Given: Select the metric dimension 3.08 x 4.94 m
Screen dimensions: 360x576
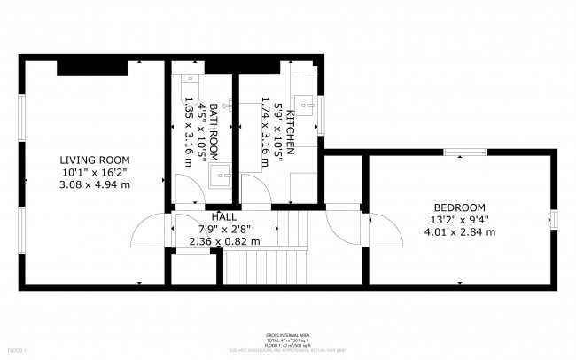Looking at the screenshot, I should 94,184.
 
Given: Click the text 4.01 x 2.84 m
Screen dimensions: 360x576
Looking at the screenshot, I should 459,232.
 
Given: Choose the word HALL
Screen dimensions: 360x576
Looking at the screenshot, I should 224,216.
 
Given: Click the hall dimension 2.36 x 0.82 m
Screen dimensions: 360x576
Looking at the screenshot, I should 224,240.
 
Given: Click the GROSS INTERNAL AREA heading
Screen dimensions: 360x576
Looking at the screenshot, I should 286,335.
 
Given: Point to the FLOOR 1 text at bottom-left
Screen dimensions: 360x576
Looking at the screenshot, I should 16,350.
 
